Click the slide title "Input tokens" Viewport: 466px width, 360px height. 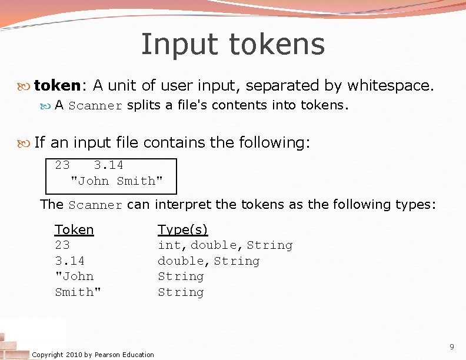232,44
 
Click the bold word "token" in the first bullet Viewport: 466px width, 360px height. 56,86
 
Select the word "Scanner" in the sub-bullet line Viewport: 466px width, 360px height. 95,106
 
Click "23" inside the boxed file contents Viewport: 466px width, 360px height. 62,165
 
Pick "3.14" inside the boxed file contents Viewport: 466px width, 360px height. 108,165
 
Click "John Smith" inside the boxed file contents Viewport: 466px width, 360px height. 116,181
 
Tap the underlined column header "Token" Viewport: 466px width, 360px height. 74,229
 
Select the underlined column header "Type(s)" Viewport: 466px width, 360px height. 182,229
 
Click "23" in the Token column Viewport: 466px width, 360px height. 62,245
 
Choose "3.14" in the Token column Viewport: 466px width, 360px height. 69,261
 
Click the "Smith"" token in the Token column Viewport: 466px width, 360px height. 78,292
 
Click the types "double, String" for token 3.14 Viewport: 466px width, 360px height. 208,261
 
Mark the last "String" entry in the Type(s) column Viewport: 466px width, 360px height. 181,292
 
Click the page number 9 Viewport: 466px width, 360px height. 451,346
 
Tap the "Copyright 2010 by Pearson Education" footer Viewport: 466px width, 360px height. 93,354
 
